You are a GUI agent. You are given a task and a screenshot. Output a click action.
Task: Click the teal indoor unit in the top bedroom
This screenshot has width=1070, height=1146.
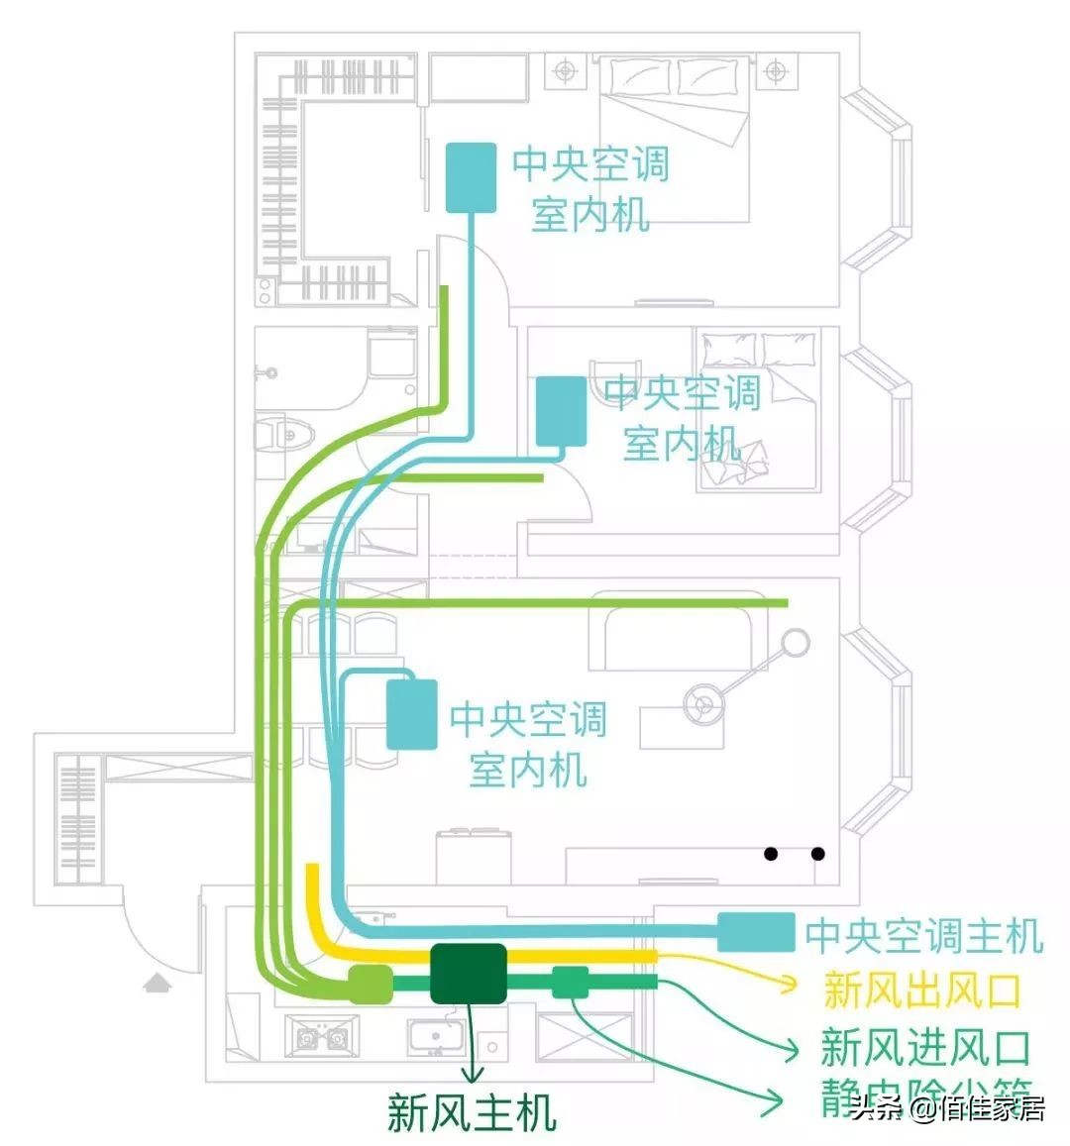(471, 177)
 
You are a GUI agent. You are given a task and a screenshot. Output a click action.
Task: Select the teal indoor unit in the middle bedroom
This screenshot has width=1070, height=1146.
(561, 411)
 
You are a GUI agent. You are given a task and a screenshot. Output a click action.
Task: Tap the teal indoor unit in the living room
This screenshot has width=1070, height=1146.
(411, 714)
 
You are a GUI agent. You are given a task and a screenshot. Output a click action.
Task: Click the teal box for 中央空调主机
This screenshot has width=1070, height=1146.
(755, 933)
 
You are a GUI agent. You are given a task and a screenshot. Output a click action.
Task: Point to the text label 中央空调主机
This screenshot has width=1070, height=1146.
(923, 935)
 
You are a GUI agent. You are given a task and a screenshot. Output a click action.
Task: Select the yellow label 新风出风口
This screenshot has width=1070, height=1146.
(921, 990)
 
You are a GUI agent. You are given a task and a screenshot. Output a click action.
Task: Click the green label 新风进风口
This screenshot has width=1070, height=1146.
(925, 1047)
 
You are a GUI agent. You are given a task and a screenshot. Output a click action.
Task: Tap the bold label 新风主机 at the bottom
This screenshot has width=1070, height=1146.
(472, 1112)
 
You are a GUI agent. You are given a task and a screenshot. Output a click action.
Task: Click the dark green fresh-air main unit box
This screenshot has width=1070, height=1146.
(469, 975)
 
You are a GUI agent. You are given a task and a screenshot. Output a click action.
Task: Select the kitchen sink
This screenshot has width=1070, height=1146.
(436, 1036)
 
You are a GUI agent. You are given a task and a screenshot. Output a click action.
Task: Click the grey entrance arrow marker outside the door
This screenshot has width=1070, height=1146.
(157, 982)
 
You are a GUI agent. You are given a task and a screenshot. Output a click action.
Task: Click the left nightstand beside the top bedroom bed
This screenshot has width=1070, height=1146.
(565, 71)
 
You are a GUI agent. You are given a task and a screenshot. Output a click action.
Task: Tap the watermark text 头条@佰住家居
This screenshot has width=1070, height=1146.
(946, 1108)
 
